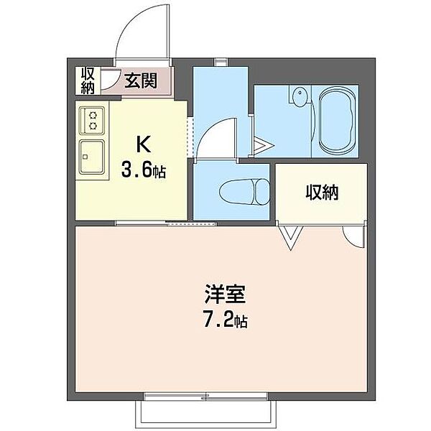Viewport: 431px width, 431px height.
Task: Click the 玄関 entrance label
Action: pyautogui.click(x=141, y=80)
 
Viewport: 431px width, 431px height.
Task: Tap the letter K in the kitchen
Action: pyautogui.click(x=142, y=145)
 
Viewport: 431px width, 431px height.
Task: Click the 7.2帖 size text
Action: pyautogui.click(x=224, y=321)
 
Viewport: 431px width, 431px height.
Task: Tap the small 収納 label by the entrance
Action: pyautogui.click(x=88, y=80)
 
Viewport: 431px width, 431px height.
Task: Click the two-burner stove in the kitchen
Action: pyautogui.click(x=93, y=119)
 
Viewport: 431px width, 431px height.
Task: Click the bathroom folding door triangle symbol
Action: pyautogui.click(x=262, y=147)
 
